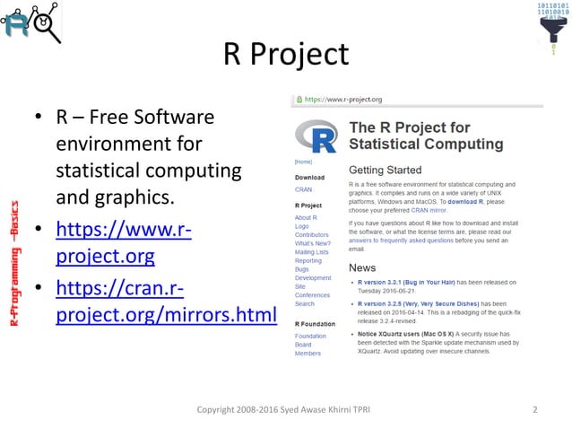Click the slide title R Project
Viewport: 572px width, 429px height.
[285, 56]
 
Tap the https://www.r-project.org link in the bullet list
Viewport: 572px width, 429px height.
[122, 244]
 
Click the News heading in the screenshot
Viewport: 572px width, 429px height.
[362, 267]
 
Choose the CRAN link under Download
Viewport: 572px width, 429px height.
[303, 190]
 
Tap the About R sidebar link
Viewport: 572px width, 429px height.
[305, 218]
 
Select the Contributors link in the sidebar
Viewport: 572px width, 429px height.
[311, 234]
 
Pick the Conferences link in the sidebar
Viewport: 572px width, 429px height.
[312, 295]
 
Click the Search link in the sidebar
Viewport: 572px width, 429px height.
[305, 303]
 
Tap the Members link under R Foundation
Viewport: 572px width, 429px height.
[308, 353]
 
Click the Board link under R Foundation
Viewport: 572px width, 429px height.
[304, 345]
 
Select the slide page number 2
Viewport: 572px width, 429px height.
[534, 410]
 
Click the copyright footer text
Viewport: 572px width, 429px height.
[285, 410]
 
